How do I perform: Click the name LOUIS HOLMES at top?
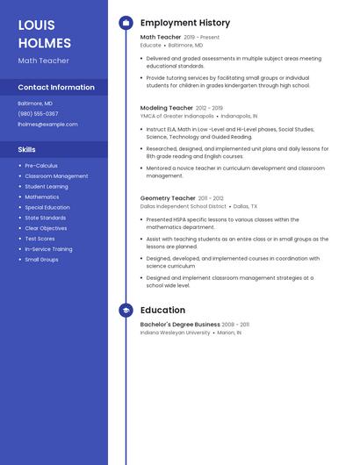44,33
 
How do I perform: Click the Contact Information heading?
56,88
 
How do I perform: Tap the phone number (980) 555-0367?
38,114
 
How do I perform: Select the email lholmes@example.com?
47,125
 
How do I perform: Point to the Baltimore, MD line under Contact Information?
35,104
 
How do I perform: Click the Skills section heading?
26,150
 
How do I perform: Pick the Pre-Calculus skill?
41,166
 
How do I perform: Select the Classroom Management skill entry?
56,176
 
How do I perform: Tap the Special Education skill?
47,207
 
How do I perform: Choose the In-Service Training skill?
48,249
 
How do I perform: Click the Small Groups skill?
41,260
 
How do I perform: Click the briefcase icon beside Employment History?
126,23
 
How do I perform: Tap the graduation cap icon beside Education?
126,311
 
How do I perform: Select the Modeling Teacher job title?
167,108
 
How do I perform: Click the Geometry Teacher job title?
168,198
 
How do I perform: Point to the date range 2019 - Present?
202,38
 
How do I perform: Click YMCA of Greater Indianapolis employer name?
176,116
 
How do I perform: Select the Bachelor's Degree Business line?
180,325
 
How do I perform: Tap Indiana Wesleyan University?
175,333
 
